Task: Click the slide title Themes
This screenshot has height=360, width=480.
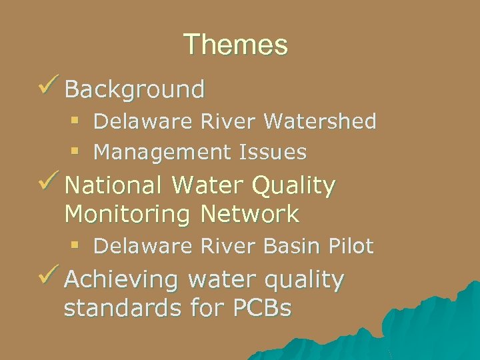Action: (x=235, y=45)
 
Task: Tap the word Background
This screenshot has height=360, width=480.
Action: (x=135, y=89)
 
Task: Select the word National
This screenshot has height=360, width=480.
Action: (x=113, y=186)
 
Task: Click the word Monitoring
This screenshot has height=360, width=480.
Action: (x=127, y=215)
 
